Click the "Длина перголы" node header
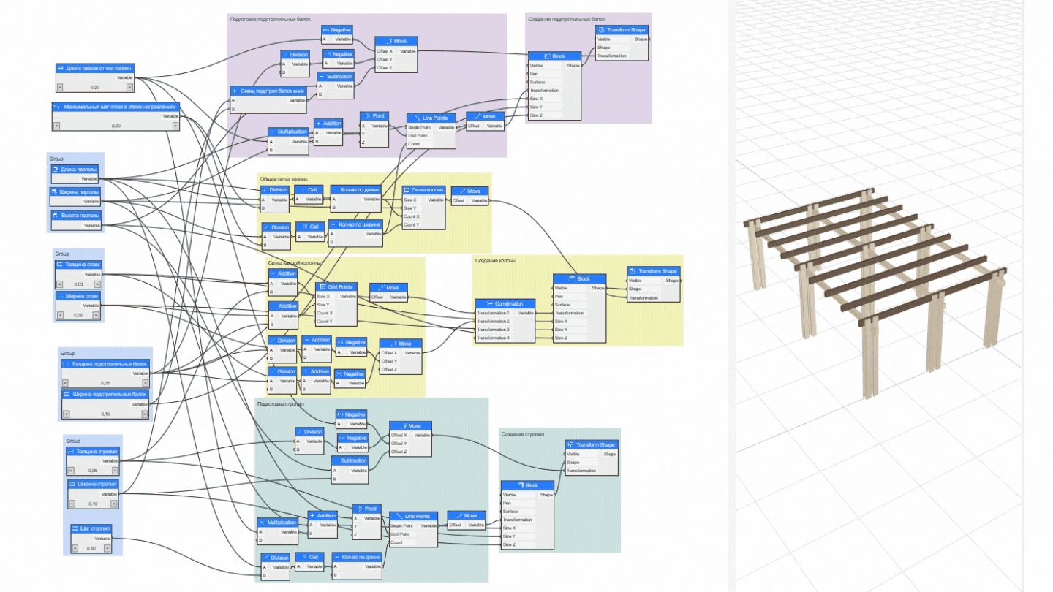76,170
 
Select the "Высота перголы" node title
76,216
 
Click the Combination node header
505,303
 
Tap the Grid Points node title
336,288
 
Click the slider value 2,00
116,126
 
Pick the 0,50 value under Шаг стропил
91,548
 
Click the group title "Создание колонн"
496,261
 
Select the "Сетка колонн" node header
423,189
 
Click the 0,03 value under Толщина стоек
79,284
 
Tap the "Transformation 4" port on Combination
494,338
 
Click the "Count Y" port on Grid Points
325,322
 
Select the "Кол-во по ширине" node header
356,224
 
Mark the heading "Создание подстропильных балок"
567,19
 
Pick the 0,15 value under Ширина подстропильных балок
105,414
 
